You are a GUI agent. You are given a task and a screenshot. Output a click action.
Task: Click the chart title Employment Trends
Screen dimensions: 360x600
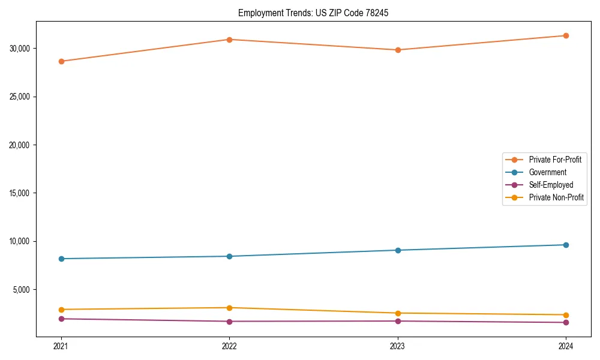(x=313, y=13)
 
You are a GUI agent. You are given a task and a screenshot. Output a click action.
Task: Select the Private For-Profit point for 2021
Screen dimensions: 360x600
(x=61, y=61)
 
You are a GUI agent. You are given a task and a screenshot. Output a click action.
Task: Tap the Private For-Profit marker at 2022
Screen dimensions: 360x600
(x=229, y=40)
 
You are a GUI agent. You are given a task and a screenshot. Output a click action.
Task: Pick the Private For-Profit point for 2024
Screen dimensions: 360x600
(x=566, y=35)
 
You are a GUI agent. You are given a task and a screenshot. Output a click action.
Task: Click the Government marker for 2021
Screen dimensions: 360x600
(x=61, y=259)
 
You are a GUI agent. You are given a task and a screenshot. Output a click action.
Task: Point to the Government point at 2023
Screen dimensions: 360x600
(x=398, y=250)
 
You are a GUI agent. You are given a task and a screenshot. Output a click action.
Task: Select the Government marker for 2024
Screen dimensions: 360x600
(x=566, y=245)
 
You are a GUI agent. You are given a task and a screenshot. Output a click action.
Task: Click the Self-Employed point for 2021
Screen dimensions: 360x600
(x=61, y=319)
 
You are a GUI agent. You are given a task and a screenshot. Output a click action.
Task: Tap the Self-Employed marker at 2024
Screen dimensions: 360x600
(x=566, y=323)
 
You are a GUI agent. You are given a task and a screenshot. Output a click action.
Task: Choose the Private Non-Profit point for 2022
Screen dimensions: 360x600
(x=229, y=308)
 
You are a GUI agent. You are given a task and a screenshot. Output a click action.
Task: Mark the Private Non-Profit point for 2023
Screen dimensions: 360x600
(x=398, y=313)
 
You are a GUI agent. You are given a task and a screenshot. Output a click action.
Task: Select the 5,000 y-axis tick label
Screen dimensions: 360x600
(x=22, y=290)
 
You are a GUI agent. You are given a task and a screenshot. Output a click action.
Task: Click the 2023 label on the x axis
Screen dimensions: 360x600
(x=398, y=346)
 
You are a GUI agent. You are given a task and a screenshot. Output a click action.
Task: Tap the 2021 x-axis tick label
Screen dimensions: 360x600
(x=61, y=346)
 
